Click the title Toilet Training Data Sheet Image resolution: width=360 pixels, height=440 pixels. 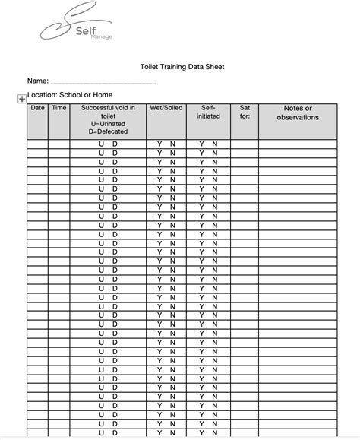(182, 66)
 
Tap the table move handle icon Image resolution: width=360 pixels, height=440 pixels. (21, 97)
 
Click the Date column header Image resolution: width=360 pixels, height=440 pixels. (37, 108)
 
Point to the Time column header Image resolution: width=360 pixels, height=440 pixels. (58, 108)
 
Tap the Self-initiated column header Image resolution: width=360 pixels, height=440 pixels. (208, 112)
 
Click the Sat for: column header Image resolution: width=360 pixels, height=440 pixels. (244, 112)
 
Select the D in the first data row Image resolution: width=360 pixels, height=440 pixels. (115, 144)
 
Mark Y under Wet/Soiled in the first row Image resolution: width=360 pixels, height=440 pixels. (159, 144)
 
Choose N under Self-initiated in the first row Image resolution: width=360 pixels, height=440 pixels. (215, 144)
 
